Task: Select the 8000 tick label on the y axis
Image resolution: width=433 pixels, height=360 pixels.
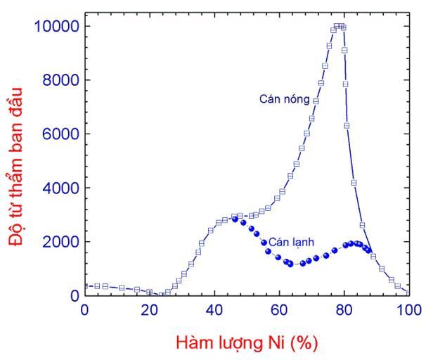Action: tap(59, 80)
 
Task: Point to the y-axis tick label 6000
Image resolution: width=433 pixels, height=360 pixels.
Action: tap(59, 134)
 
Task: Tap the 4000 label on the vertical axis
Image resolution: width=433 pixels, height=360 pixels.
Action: tap(59, 188)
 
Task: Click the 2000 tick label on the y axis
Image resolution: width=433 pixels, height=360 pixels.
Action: tap(59, 242)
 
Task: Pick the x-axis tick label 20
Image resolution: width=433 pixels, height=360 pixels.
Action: tap(149, 310)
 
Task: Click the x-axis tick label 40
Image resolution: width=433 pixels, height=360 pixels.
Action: tap(214, 310)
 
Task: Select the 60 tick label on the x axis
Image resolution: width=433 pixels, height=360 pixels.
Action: tap(279, 310)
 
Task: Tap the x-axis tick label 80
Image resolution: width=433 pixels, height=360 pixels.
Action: tap(344, 310)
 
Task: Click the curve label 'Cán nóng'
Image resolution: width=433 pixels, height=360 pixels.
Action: tap(285, 100)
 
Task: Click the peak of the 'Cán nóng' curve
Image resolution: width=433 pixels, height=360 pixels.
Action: tap(340, 27)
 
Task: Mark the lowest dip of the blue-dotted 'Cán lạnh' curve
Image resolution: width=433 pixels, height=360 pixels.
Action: tap(302, 264)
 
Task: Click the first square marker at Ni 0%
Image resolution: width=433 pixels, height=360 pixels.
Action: tap(86, 286)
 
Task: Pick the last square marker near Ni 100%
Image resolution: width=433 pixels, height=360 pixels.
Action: tap(406, 292)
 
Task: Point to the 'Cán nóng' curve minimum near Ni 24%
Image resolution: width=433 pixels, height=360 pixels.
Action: tap(162, 295)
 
